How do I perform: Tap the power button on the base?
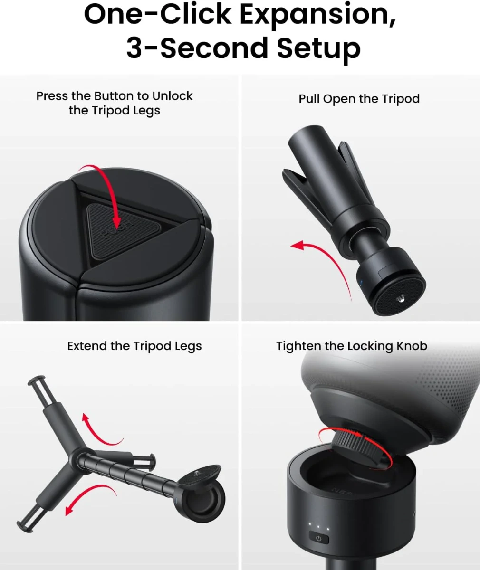pos(318,539)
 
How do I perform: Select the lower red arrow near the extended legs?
pos(88,496)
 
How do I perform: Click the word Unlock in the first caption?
pos(172,96)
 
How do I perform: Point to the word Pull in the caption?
pos(309,99)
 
